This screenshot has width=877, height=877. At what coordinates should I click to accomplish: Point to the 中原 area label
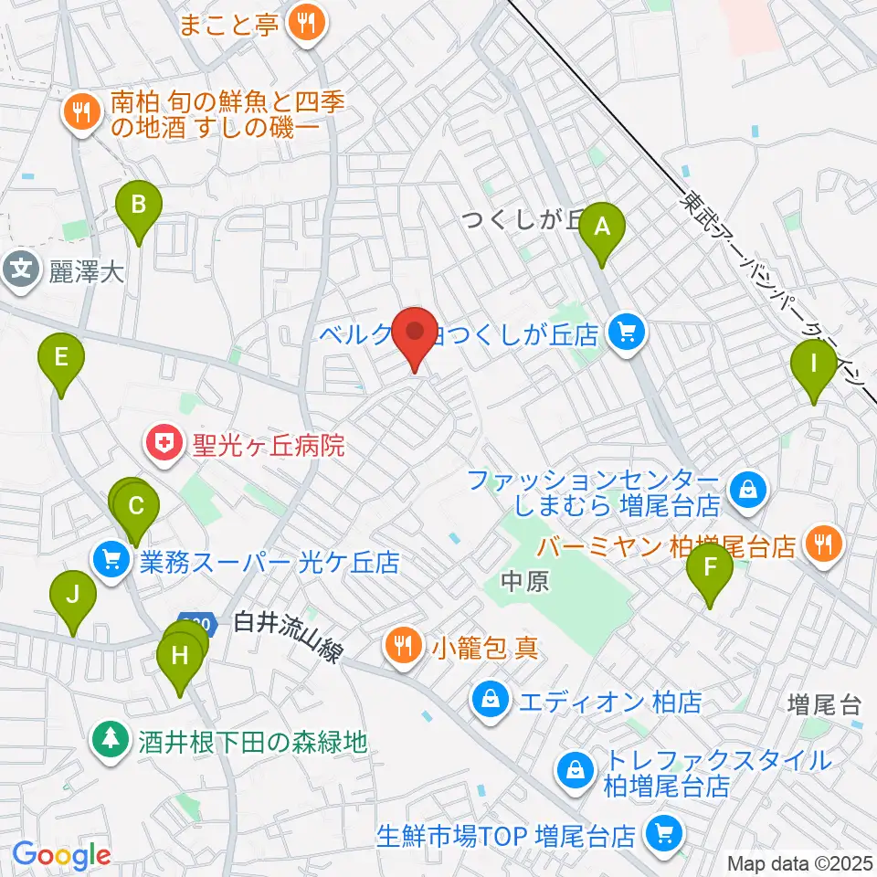coord(525,583)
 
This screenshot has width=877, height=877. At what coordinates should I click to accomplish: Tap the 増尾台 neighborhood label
coord(825,704)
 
